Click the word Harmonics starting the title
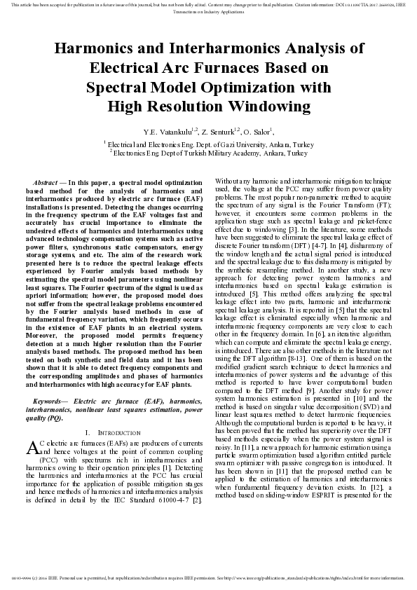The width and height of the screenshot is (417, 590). [x=89, y=48]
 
